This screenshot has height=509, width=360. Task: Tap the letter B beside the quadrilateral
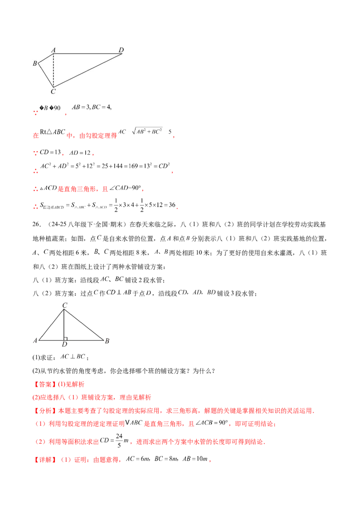(35, 63)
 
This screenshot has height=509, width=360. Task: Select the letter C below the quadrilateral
(53, 92)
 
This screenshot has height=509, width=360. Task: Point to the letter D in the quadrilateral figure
(121, 49)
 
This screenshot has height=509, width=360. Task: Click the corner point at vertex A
(54, 54)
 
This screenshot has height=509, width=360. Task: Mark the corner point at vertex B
(39, 63)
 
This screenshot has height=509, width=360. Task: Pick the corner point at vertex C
(54, 86)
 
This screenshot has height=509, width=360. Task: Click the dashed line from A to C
(54, 70)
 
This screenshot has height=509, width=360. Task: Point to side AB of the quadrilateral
(46, 58)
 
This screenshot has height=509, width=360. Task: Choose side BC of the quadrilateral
(46, 74)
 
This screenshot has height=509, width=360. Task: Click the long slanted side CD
(89, 70)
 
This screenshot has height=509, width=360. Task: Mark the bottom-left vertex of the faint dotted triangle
(36, 342)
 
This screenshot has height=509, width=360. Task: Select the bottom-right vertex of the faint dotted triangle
(107, 342)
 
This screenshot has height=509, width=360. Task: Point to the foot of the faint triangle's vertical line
(65, 342)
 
